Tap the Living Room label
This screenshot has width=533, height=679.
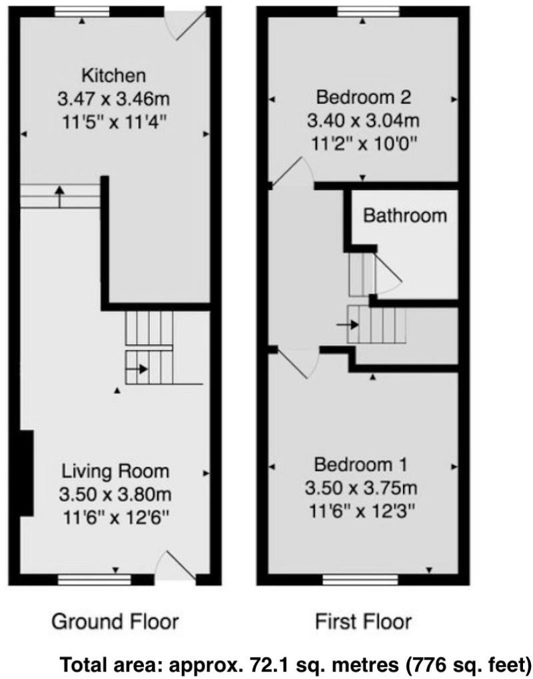115,471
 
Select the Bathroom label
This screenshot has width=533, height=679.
404,216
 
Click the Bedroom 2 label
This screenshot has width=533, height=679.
363,98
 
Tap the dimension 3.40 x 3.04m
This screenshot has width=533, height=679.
363,121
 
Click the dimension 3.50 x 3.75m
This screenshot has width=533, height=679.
362,488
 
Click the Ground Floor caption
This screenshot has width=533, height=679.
115,622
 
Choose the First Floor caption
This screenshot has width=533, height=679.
363,622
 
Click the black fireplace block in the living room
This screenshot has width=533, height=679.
26,472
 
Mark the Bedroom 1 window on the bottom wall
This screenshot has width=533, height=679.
362,580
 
